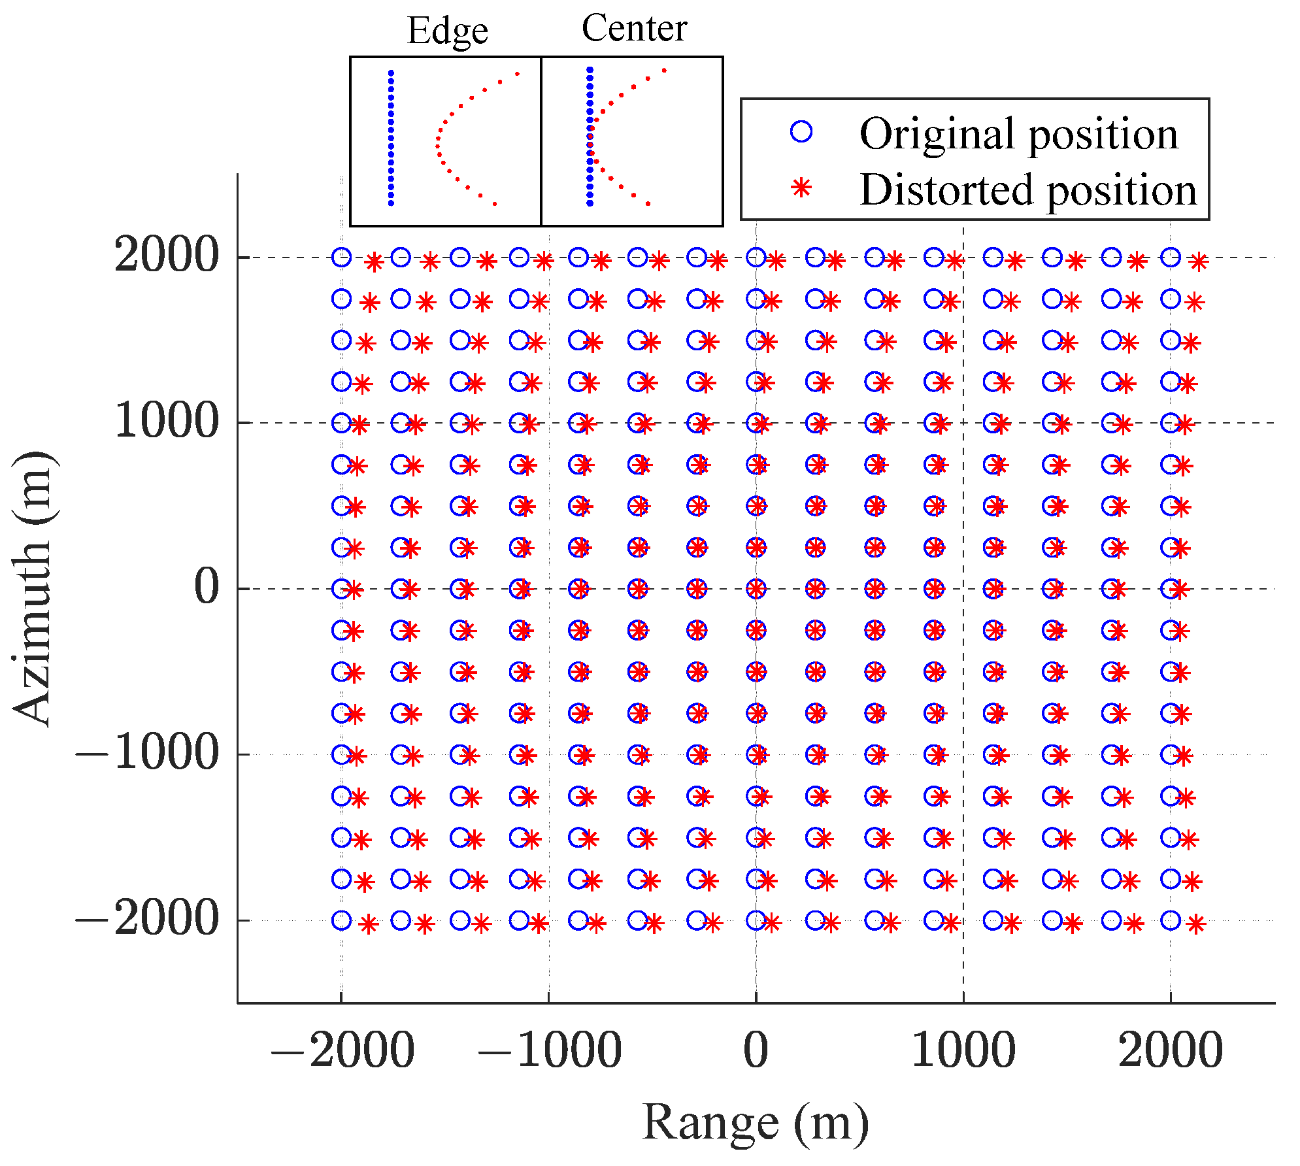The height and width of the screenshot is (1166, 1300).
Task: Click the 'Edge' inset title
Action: pos(447,31)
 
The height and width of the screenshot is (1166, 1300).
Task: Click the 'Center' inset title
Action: pos(634,28)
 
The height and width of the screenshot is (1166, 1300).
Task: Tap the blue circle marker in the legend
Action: pos(801,132)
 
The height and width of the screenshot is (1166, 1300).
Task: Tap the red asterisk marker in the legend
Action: pos(801,188)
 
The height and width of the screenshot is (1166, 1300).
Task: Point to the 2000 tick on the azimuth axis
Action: pos(166,255)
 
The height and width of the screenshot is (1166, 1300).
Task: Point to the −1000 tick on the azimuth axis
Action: pos(146,752)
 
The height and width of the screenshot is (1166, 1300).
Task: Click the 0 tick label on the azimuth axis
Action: pos(207,586)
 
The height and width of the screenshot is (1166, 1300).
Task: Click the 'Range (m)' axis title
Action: pos(756,1123)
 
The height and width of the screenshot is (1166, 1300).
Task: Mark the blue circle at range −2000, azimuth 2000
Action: pos(341,258)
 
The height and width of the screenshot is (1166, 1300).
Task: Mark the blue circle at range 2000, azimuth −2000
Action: pos(1171,920)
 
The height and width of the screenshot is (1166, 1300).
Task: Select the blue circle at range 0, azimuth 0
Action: pos(756,589)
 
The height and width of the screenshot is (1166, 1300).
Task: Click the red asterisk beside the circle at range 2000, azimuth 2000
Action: pos(1198,262)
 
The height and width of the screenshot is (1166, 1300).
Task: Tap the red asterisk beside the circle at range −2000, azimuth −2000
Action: pos(369,925)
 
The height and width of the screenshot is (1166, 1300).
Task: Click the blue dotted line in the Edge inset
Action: pos(391,138)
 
